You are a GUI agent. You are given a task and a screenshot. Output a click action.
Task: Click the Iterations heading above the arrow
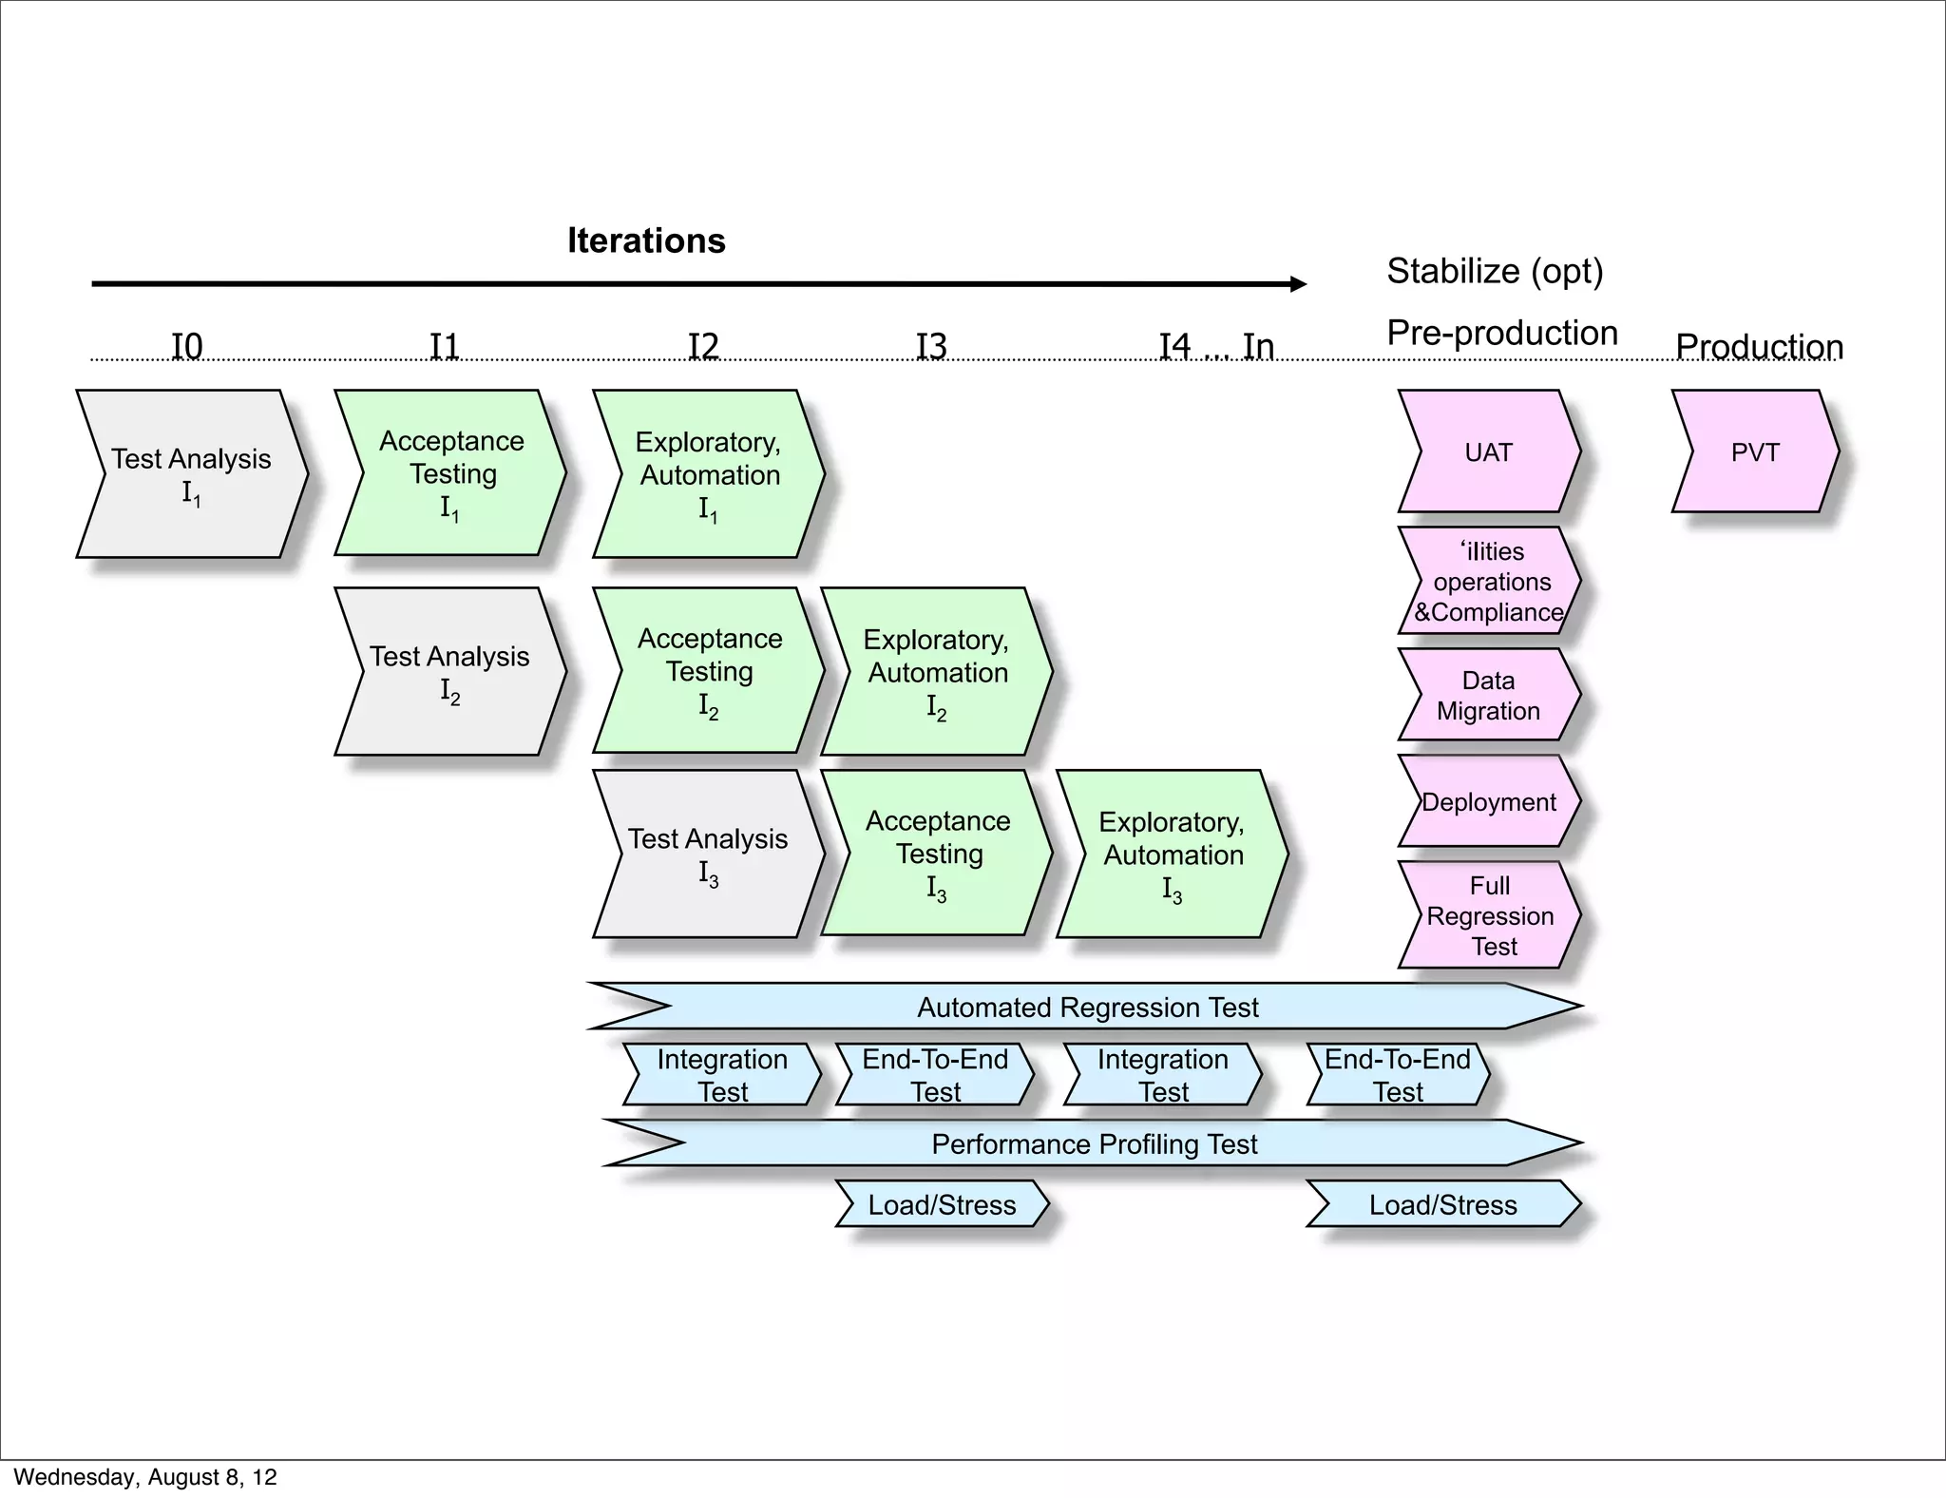tap(646, 240)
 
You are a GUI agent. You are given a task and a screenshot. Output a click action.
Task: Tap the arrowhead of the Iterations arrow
tap(1298, 283)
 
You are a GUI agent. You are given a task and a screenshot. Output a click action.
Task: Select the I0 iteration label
tap(187, 346)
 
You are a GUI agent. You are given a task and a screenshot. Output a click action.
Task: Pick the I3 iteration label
tap(931, 346)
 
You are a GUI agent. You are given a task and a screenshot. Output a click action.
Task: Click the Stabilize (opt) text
tap(1495, 271)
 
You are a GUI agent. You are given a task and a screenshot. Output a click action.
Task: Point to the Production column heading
tap(1759, 347)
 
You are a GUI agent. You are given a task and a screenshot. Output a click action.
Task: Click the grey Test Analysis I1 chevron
tap(192, 473)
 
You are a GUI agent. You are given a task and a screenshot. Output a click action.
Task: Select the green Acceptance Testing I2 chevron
tap(709, 671)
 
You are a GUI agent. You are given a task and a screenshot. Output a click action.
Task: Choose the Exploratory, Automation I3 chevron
tap(1172, 854)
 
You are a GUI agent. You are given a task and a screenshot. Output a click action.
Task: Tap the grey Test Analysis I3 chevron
tap(709, 854)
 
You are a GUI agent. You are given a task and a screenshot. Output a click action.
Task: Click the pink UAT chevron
tap(1488, 451)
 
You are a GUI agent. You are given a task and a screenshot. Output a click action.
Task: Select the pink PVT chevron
tap(1754, 451)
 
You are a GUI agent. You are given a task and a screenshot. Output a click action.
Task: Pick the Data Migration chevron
tap(1488, 695)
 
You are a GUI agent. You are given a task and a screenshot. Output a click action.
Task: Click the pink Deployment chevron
tap(1488, 801)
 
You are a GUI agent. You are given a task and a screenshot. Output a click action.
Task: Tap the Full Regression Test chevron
tap(1490, 915)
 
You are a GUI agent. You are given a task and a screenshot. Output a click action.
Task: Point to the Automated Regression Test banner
tap(1087, 1007)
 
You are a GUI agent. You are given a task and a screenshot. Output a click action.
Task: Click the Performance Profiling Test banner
tap(1094, 1143)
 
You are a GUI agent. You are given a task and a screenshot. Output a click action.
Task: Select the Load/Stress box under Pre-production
tap(1442, 1204)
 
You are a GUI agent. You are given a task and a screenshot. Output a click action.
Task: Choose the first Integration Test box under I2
tap(722, 1075)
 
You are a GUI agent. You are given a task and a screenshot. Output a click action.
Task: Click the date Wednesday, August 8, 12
tap(145, 1477)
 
